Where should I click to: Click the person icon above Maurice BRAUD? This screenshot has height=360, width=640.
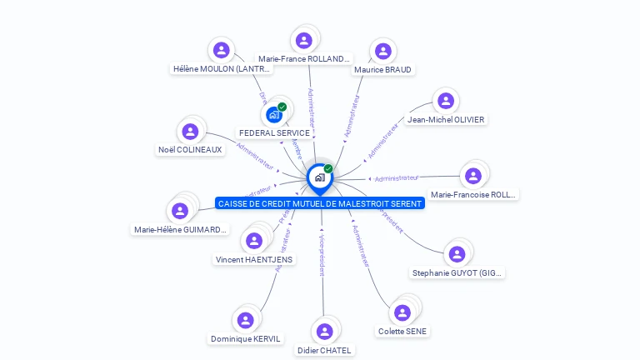[382, 52]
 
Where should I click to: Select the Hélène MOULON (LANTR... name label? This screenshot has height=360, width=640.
[222, 69]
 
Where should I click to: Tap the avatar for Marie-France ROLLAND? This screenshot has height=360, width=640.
[304, 40]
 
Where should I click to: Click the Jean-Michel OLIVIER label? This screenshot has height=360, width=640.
[446, 119]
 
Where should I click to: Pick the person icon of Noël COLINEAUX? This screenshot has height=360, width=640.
[190, 132]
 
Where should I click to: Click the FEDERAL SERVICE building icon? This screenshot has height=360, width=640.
[274, 114]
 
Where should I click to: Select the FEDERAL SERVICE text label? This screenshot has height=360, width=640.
[274, 132]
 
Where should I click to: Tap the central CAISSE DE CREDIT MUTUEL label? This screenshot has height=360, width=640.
[320, 203]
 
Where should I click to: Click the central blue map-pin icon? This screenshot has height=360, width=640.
[319, 177]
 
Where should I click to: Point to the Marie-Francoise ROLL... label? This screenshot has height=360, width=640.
[473, 194]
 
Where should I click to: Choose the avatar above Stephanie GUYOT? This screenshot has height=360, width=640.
[457, 254]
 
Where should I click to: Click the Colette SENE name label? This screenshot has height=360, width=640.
[402, 331]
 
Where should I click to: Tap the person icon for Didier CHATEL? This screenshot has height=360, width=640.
[323, 332]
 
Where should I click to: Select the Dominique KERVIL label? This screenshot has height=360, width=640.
[246, 338]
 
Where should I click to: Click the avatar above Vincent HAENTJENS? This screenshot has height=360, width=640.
[254, 241]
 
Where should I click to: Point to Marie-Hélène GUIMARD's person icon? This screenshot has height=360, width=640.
[180, 211]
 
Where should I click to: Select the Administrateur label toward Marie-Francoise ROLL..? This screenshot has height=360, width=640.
[397, 177]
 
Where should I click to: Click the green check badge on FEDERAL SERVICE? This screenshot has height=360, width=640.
[282, 107]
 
